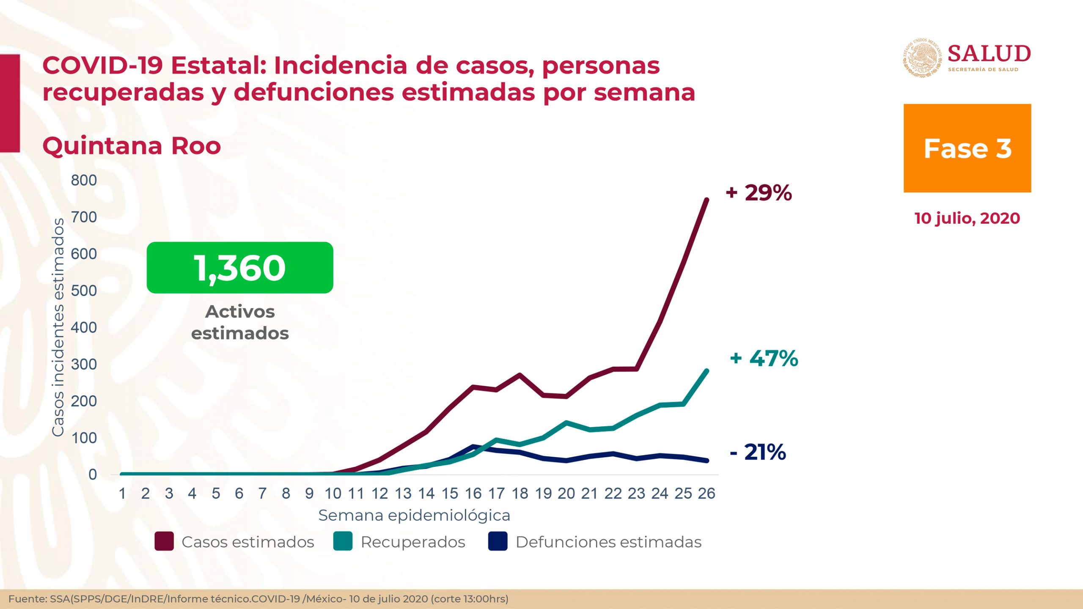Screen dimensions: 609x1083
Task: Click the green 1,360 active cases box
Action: click(240, 267)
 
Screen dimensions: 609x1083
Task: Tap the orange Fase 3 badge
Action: click(967, 148)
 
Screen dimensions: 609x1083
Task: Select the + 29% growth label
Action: click(759, 193)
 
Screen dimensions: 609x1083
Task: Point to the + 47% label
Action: click(764, 358)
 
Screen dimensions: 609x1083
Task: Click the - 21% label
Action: click(758, 452)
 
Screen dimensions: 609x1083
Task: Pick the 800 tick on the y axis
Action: click(84, 180)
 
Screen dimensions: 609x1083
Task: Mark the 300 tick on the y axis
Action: click(84, 364)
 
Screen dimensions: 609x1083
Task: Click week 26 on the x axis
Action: click(706, 494)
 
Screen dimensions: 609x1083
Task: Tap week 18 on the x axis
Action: click(520, 494)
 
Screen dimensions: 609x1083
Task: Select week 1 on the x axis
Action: click(122, 494)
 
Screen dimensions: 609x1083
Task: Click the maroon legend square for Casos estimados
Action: click(164, 542)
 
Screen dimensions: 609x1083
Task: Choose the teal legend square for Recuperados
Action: click(343, 542)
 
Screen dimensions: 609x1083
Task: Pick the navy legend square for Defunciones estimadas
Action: click(498, 542)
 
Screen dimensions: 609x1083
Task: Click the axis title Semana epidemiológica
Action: click(414, 516)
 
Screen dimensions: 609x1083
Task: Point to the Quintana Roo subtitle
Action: click(132, 146)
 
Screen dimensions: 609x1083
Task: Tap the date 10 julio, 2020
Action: click(967, 218)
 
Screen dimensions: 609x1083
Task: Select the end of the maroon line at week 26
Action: click(706, 200)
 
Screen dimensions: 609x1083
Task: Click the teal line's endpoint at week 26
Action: click(706, 371)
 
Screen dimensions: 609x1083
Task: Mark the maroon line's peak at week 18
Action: click(520, 375)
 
